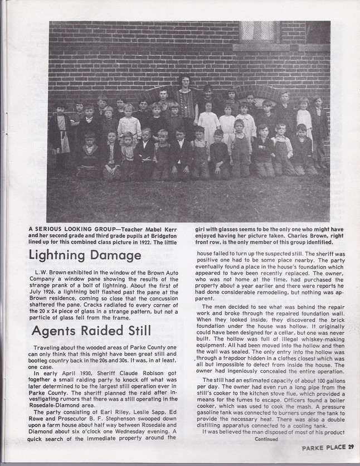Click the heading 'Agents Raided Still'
(x=91, y=330)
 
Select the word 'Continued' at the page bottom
(x=266, y=438)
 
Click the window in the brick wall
(x=258, y=32)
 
